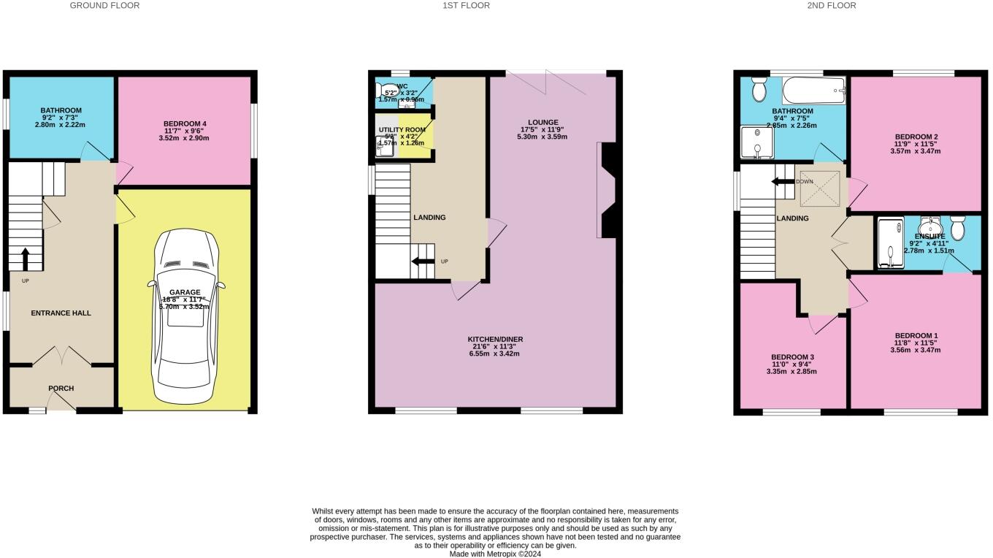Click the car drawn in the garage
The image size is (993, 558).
(185, 318)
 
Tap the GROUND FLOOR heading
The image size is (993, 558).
(104, 6)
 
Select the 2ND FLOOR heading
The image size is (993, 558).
(832, 6)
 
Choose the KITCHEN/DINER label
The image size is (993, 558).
(496, 340)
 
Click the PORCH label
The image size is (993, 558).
(61, 388)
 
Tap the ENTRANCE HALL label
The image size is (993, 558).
(61, 313)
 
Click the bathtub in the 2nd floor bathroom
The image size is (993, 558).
(813, 92)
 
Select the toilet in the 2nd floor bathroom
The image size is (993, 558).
(759, 89)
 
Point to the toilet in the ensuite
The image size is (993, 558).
(958, 229)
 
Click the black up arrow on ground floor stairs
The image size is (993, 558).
(26, 259)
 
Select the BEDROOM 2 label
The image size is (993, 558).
(916, 137)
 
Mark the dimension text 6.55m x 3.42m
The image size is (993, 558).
(496, 353)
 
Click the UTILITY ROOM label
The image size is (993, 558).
(401, 129)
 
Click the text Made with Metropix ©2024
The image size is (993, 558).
(495, 554)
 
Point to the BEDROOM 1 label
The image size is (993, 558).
(916, 335)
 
